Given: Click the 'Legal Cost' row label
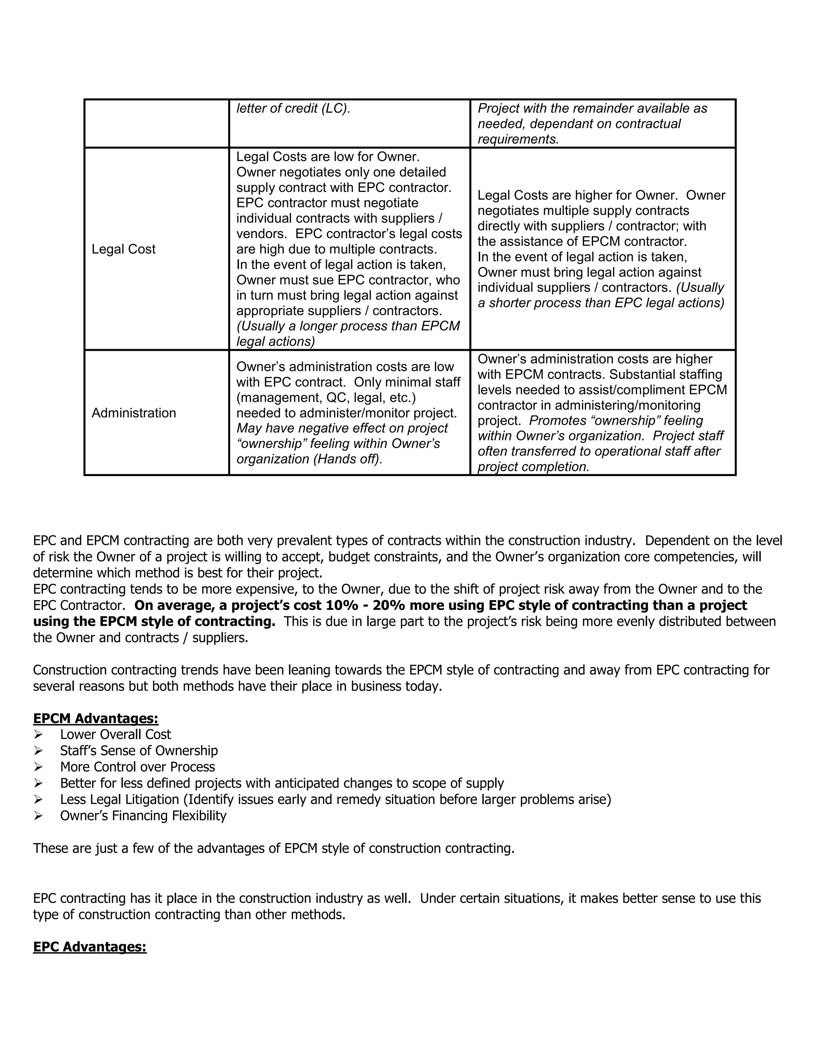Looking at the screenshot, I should coord(123,249).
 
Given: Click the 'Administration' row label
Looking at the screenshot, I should coord(134,413).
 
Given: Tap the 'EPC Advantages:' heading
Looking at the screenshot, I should coord(90,947).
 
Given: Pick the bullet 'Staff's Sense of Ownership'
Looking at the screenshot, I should coord(139,751).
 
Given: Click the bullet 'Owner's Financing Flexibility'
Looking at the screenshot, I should coord(143,816).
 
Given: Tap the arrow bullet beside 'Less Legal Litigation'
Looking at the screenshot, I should coord(38,800).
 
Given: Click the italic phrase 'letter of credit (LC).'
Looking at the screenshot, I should coord(293,109).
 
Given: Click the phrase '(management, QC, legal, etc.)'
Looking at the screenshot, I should coord(326,398).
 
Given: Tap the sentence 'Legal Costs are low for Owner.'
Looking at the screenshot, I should coord(328,157).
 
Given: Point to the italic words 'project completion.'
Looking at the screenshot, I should coord(533,467).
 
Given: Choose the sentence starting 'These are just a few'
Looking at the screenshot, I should coord(273,848).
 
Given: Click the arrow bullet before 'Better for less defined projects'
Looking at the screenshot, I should coord(38,783).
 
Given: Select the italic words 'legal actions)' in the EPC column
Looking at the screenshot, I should coord(275,342).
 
